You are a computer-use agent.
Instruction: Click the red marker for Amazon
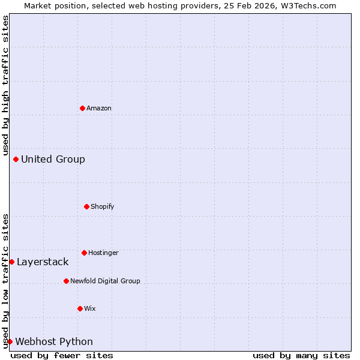tap(82, 108)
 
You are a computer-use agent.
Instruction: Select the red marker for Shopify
tap(86, 206)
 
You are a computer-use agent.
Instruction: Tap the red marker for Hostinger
tap(84, 253)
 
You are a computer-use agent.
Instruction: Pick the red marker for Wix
tap(80, 308)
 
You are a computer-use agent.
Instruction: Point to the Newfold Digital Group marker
tap(66, 281)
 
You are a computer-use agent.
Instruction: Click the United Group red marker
tap(16, 159)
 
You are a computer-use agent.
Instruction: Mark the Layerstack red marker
tap(11, 262)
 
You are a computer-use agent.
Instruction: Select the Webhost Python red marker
tap(10, 341)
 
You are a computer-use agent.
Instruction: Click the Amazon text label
tap(99, 109)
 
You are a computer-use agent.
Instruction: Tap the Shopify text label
tap(103, 207)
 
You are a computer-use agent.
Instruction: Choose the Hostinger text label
tap(103, 253)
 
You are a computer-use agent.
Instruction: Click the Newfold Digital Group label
tap(105, 281)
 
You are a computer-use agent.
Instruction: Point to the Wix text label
tap(90, 309)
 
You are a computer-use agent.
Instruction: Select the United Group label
tap(53, 160)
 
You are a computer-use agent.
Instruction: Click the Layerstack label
tap(43, 262)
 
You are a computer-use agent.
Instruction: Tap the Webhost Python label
tap(54, 342)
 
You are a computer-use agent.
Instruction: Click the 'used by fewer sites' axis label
tap(62, 356)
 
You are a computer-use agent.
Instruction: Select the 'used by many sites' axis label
tap(301, 356)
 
